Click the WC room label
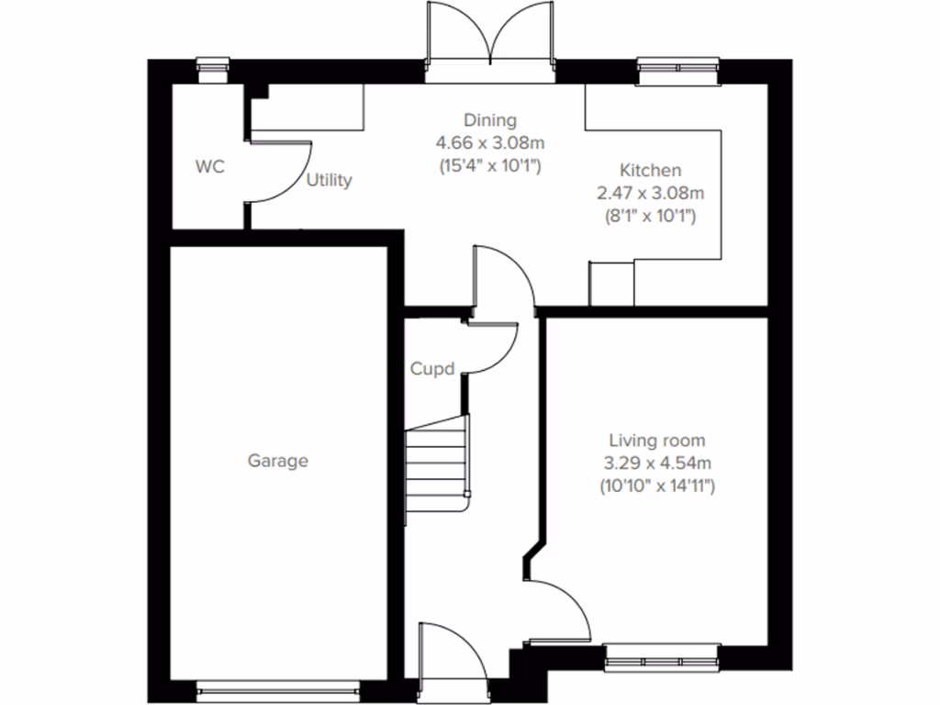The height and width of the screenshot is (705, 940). tap(210, 167)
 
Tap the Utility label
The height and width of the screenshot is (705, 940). tap(329, 180)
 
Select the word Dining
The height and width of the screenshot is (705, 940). tap(489, 120)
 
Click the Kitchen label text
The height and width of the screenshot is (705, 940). tap(650, 171)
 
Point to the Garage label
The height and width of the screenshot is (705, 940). tap(277, 461)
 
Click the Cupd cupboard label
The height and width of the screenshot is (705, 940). tap(432, 369)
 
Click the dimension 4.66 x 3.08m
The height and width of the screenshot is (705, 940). tap(489, 143)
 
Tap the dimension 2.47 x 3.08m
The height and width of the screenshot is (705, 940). tap(650, 193)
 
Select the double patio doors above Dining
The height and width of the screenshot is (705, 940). tap(491, 41)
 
